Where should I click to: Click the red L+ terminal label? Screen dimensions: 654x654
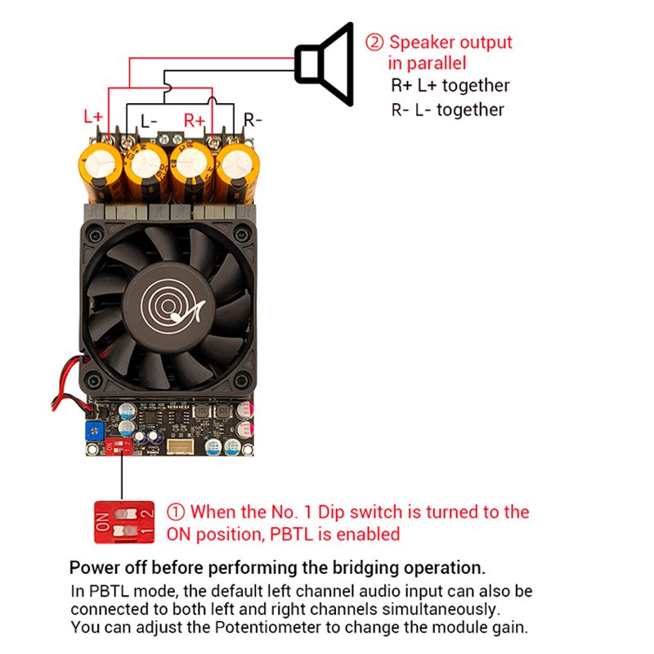pos(93,116)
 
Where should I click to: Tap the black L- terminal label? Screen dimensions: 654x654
pos(149,121)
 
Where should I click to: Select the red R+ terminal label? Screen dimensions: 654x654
pos(195,120)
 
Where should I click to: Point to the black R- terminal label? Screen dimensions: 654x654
pos(253,120)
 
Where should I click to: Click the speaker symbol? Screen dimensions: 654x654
pos(325,65)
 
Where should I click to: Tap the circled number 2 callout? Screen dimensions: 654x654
pos(374,43)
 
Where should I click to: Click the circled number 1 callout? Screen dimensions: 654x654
pos(176,513)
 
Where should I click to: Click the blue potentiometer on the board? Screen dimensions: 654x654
pos(95,431)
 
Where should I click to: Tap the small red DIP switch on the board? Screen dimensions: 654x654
pos(119,446)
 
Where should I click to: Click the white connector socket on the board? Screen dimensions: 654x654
pos(180,446)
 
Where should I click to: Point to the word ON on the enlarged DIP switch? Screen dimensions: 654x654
pos(103,522)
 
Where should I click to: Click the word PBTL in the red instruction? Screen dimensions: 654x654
pos(292,535)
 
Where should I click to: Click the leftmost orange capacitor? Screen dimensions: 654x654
pos(101,172)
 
